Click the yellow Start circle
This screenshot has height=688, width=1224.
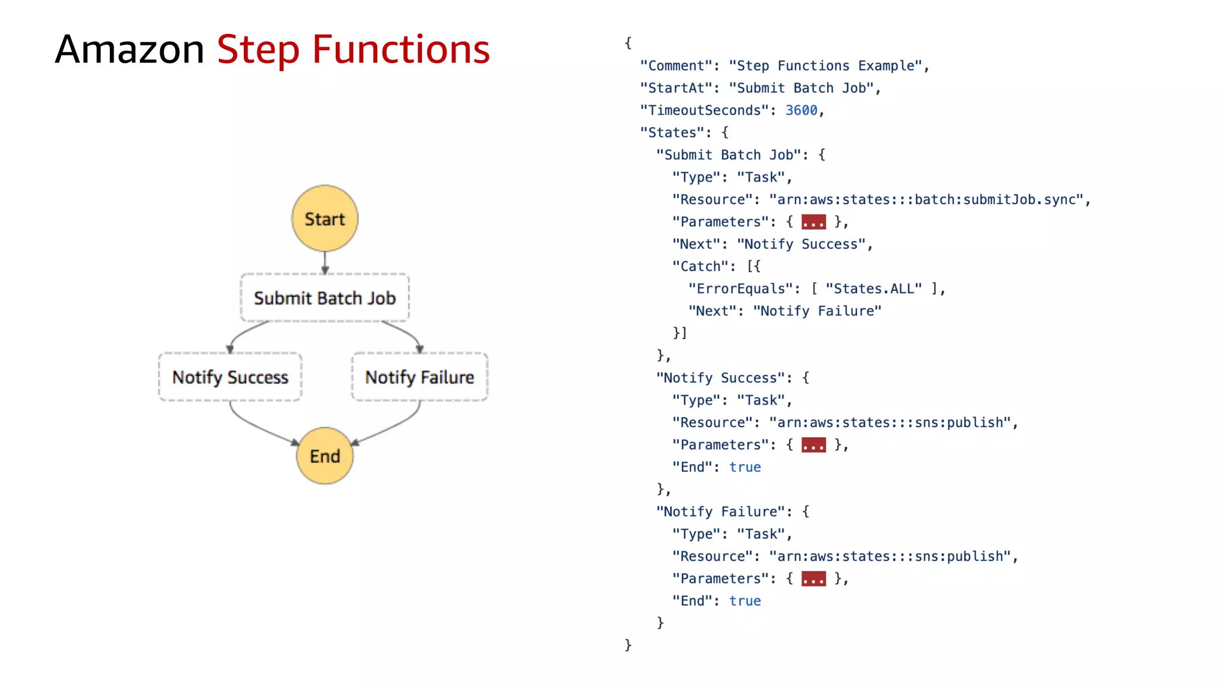tap(325, 219)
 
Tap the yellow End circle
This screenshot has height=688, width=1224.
tap(325, 456)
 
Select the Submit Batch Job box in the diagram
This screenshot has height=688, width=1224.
tap(325, 298)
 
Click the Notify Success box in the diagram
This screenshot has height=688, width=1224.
tap(230, 377)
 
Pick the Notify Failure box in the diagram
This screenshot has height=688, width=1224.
tap(420, 377)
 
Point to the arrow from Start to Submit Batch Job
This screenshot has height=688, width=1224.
tap(325, 262)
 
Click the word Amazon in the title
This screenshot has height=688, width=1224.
tap(130, 50)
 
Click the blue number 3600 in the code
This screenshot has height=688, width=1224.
tap(801, 110)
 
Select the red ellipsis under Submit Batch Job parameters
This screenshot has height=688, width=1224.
tap(813, 222)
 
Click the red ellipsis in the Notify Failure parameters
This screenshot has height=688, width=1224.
tap(813, 579)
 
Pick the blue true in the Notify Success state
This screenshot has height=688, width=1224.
tap(745, 467)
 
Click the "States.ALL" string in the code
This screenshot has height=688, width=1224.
tap(873, 289)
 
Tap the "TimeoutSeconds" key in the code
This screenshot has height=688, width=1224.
tap(704, 110)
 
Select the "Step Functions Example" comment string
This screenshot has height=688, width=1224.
tap(825, 66)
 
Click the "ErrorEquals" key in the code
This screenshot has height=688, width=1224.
tap(740, 289)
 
